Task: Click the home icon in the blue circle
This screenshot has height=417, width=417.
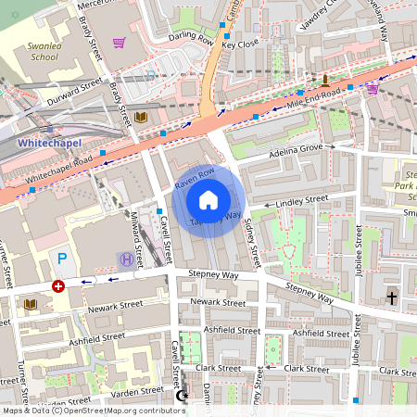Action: coord(208,200)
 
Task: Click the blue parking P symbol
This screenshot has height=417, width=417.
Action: coord(62,259)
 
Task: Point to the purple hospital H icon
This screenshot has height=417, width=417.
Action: coord(124,259)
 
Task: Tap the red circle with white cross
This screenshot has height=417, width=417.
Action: coord(59,286)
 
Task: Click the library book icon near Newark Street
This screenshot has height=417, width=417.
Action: coord(31,304)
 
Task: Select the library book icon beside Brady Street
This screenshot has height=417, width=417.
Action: coord(141,118)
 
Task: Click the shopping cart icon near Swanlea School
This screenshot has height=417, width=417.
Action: coord(119,43)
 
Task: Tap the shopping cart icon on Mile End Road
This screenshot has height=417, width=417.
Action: coord(372,89)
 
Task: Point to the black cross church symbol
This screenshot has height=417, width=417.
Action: coord(391,297)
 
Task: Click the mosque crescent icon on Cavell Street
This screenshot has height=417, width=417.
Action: coord(182,397)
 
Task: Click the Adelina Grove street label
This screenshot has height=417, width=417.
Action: coord(294,152)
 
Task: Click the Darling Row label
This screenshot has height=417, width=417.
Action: coord(192,38)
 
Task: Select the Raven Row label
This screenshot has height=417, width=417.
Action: coord(194,178)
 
